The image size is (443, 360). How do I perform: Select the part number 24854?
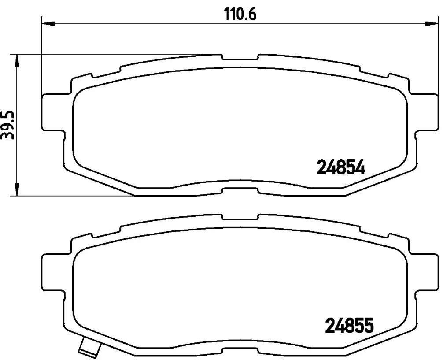[x=341, y=167]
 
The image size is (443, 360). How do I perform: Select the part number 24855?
[x=349, y=326]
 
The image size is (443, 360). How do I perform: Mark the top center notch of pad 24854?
[x=240, y=58]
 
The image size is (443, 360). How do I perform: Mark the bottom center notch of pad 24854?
[x=240, y=190]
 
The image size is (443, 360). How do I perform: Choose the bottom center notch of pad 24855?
[x=240, y=351]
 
